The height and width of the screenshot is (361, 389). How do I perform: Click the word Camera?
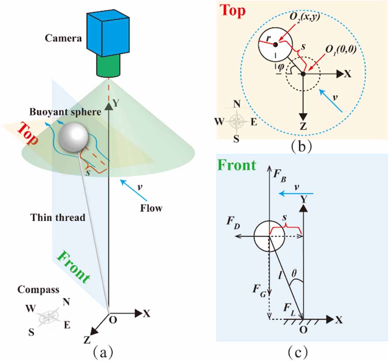click(63, 38)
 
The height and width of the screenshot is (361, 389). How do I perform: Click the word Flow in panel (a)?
click(151, 208)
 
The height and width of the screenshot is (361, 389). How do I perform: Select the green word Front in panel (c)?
click(236, 166)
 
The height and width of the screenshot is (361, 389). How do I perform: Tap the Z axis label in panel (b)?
click(302, 127)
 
